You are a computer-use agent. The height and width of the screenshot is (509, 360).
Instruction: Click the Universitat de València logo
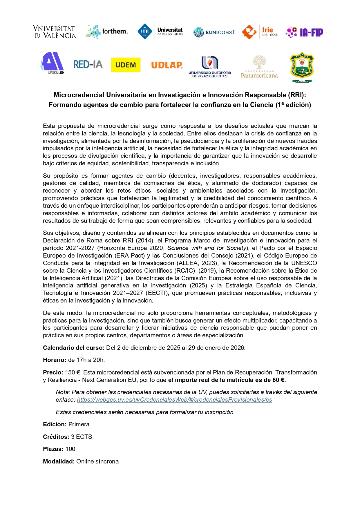(x=54, y=32)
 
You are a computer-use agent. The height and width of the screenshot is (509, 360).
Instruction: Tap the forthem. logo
(x=107, y=31)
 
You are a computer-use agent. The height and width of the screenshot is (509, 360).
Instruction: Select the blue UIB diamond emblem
(x=144, y=31)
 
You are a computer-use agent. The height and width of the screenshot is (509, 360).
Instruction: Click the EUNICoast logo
(x=214, y=32)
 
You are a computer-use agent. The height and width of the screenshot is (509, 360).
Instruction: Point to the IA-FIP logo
(x=304, y=32)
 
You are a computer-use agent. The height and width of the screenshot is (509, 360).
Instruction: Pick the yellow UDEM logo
(x=126, y=65)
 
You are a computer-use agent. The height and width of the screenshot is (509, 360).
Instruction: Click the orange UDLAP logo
(x=167, y=65)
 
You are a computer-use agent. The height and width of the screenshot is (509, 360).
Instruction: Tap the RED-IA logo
(x=88, y=64)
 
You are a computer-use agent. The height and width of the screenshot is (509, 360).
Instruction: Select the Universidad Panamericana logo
(x=259, y=67)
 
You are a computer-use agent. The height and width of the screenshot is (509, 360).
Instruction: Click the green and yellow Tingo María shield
(x=302, y=67)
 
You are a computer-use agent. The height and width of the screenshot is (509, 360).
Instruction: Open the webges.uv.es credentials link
(x=174, y=400)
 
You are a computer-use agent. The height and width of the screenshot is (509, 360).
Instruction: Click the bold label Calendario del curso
(x=74, y=348)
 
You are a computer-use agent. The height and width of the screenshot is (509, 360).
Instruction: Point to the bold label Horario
(x=55, y=360)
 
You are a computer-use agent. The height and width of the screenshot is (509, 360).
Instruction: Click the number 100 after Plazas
(x=70, y=449)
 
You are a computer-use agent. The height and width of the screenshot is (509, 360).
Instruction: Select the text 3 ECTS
(x=82, y=437)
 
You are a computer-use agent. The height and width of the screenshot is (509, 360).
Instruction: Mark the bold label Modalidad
(x=59, y=461)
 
